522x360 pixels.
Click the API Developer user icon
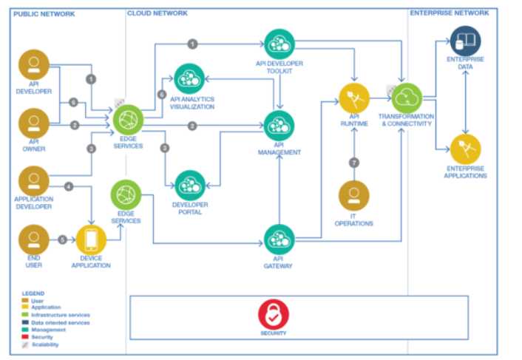tap(33, 66)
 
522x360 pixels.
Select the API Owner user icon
tap(33, 123)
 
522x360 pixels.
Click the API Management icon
tap(279, 126)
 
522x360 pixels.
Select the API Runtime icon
tap(354, 98)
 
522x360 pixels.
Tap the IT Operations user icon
tap(354, 196)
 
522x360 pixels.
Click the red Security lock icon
tap(273, 315)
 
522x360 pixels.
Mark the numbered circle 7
tap(354, 162)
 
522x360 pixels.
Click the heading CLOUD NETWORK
tap(157, 13)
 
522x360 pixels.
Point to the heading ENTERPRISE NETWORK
tap(449, 13)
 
